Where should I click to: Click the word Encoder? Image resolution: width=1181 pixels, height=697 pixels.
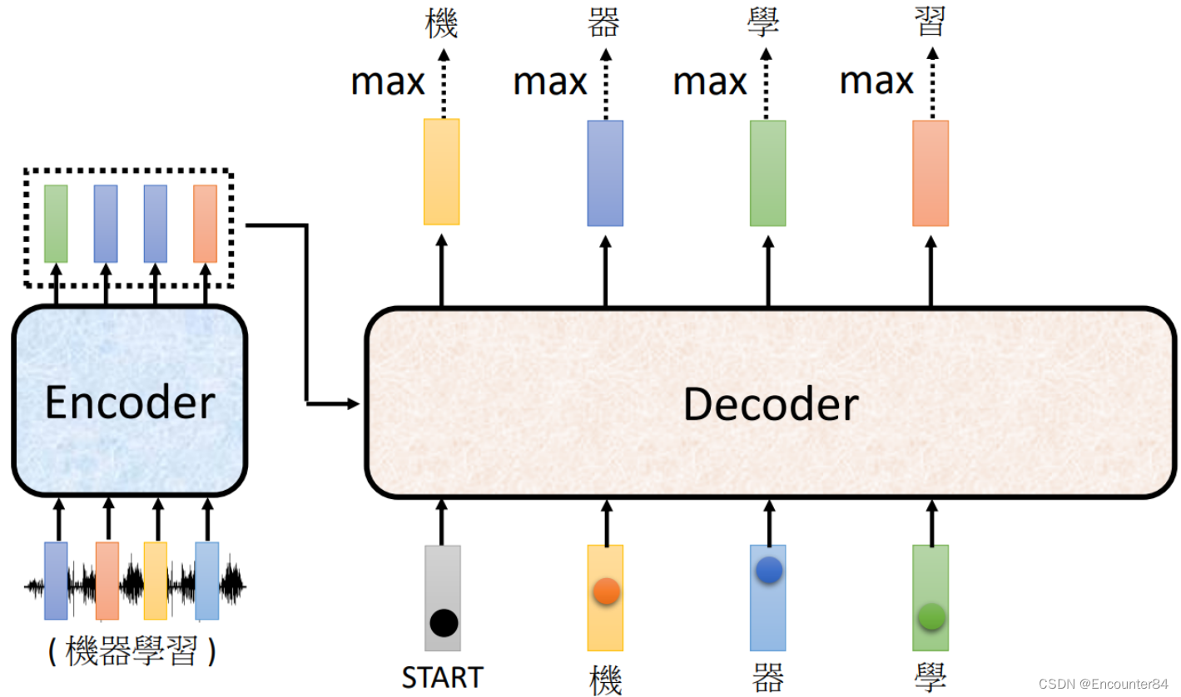(129, 403)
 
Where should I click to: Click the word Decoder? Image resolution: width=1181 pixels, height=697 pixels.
(771, 405)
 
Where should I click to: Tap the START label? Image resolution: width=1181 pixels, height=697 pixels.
(442, 677)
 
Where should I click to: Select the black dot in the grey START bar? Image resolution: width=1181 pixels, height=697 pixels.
(444, 622)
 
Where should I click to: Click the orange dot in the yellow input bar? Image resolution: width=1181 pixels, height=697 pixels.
(605, 591)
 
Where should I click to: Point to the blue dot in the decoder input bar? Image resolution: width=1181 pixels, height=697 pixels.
(768, 570)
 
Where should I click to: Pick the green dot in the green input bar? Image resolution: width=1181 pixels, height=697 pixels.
(930, 617)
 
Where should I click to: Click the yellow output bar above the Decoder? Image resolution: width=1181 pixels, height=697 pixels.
(441, 171)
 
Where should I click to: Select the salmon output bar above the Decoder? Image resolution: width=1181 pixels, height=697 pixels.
(930, 173)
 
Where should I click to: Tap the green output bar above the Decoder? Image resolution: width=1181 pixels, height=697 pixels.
(767, 173)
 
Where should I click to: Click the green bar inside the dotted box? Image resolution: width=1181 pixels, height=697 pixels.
(56, 224)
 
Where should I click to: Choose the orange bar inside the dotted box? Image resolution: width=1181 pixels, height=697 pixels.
(205, 224)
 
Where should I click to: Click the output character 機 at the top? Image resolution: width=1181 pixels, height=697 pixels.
(441, 24)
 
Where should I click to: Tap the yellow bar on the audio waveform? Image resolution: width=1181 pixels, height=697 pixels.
(156, 581)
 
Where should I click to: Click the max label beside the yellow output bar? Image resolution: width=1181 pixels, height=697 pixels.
(388, 82)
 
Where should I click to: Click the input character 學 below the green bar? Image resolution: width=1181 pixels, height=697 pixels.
(930, 678)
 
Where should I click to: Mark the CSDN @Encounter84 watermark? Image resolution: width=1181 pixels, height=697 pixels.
(1104, 683)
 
